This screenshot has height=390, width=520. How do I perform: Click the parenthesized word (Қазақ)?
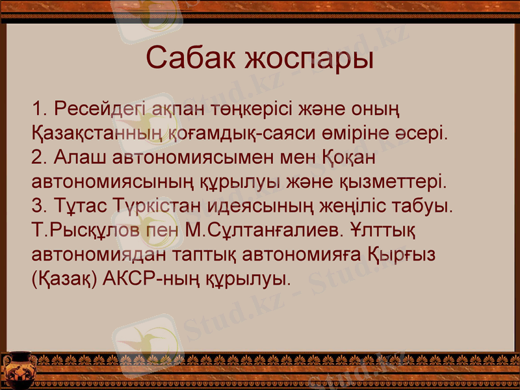click(64, 279)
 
